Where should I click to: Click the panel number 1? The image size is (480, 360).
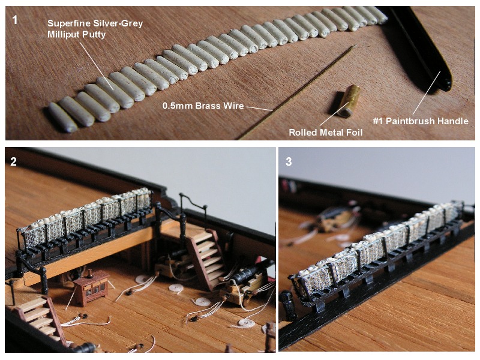click(x=14, y=20)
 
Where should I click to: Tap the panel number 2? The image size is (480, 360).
click(x=13, y=161)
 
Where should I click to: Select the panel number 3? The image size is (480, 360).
click(x=289, y=161)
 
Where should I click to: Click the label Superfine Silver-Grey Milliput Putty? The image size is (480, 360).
click(x=95, y=29)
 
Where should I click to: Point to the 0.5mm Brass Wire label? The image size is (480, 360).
click(x=203, y=106)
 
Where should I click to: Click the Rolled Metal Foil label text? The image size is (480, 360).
click(x=326, y=132)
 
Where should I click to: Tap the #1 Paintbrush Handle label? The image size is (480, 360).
click(x=421, y=121)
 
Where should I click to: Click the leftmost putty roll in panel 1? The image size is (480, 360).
click(x=63, y=117)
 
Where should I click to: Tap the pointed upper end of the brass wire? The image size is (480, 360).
click(x=355, y=46)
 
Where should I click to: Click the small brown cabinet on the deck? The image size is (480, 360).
click(x=91, y=288)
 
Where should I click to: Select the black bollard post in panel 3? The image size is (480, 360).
click(x=289, y=305)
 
